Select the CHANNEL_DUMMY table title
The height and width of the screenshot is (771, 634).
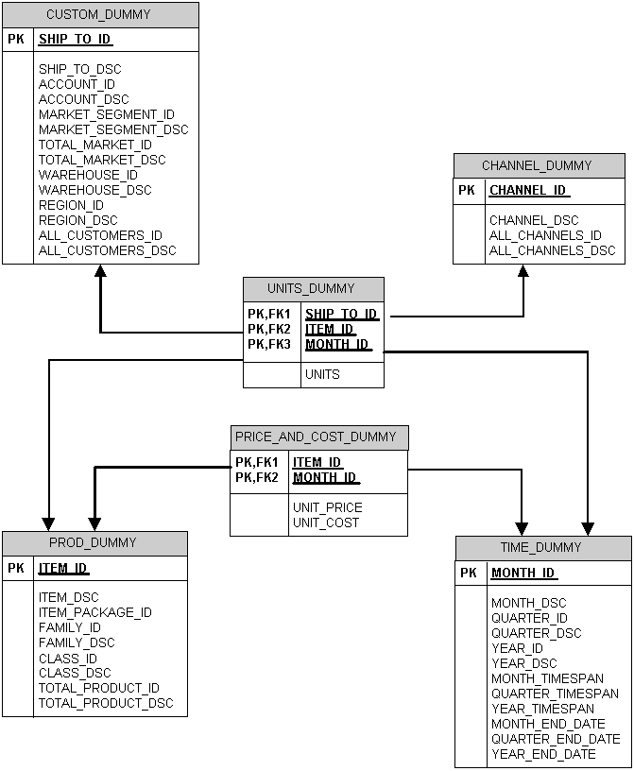(537, 165)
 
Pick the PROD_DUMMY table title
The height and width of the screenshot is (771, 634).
(93, 542)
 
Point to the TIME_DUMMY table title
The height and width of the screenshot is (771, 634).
(541, 548)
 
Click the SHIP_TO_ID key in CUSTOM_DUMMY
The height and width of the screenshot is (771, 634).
(75, 40)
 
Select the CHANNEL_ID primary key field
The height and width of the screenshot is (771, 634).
(527, 190)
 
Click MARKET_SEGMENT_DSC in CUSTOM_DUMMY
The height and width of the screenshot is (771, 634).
(113, 129)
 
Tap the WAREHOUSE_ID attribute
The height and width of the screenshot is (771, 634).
(88, 175)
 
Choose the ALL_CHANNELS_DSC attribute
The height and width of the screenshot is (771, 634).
(552, 250)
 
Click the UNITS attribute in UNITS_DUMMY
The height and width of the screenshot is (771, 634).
(322, 374)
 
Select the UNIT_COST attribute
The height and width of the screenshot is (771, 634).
(326, 523)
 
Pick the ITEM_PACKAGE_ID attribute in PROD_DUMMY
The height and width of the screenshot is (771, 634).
(94, 612)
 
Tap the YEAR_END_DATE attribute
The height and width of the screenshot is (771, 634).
(543, 754)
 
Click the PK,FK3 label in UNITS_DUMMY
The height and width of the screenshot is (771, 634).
(269, 344)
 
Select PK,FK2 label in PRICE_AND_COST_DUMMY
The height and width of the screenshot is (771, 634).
(257, 477)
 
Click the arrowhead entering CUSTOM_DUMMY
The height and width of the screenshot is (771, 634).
(100, 271)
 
